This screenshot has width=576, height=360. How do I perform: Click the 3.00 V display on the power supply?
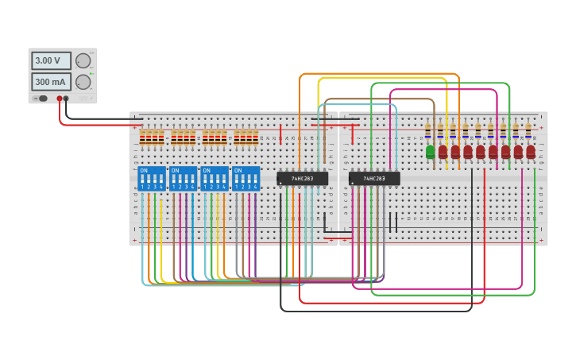click(x=51, y=60)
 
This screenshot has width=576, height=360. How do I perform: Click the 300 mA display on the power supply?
click(x=51, y=82)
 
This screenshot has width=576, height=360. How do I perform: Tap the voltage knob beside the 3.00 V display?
click(x=83, y=60)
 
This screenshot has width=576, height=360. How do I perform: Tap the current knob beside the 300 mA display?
click(x=83, y=82)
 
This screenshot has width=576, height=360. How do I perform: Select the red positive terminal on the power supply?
click(x=59, y=99)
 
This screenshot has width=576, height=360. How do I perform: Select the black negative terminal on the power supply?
click(x=66, y=99)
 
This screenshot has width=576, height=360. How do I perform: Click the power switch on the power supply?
click(x=41, y=99)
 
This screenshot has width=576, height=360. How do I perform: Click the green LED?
click(x=430, y=151)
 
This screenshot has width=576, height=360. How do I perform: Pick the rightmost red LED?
click(x=531, y=151)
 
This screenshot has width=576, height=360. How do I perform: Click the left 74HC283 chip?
click(x=302, y=179)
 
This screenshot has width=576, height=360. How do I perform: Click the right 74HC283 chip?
click(x=374, y=179)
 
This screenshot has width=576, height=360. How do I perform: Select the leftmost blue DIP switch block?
click(x=152, y=179)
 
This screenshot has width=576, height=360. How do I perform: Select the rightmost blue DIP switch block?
click(x=246, y=179)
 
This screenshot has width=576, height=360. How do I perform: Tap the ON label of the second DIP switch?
click(x=175, y=170)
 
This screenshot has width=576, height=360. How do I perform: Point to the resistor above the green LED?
click(x=428, y=130)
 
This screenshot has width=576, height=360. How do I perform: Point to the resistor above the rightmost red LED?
click(x=528, y=130)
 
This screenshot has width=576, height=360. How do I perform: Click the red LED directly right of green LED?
click(x=443, y=151)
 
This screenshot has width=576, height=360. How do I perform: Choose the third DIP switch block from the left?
click(x=215, y=179)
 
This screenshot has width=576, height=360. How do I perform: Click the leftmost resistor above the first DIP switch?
click(x=143, y=138)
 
